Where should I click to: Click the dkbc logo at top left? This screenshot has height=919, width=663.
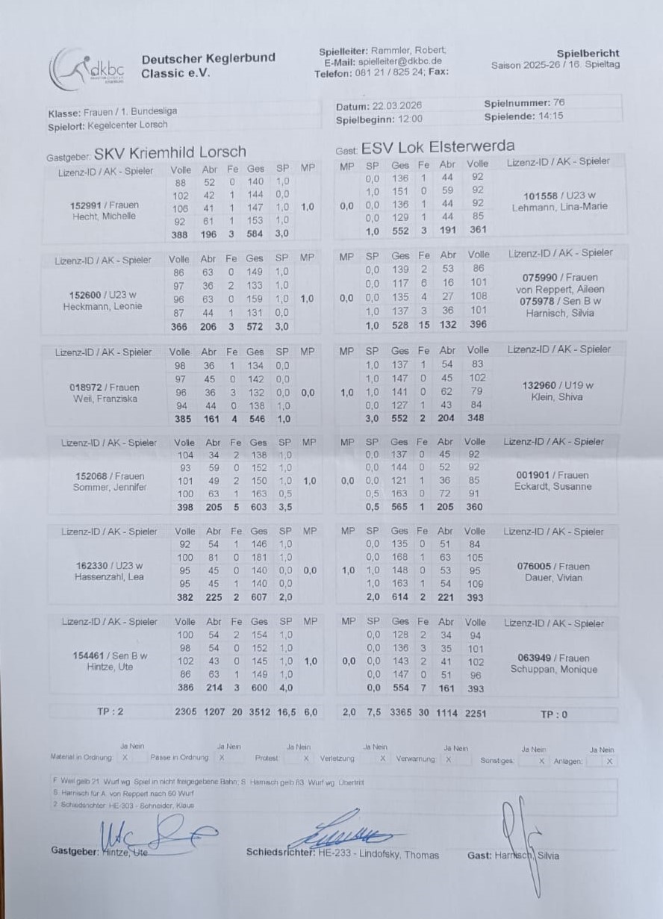[x=87, y=69]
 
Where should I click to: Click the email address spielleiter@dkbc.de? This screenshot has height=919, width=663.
[x=401, y=61]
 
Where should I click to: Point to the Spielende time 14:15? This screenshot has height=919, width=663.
[x=550, y=116]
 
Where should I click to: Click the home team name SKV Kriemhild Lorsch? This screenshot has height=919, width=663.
[x=193, y=154]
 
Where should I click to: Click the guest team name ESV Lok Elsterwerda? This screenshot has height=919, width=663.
[x=438, y=146]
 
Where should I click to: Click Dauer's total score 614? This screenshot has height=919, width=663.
[x=400, y=597]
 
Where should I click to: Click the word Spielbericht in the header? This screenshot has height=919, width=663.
[x=588, y=53]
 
